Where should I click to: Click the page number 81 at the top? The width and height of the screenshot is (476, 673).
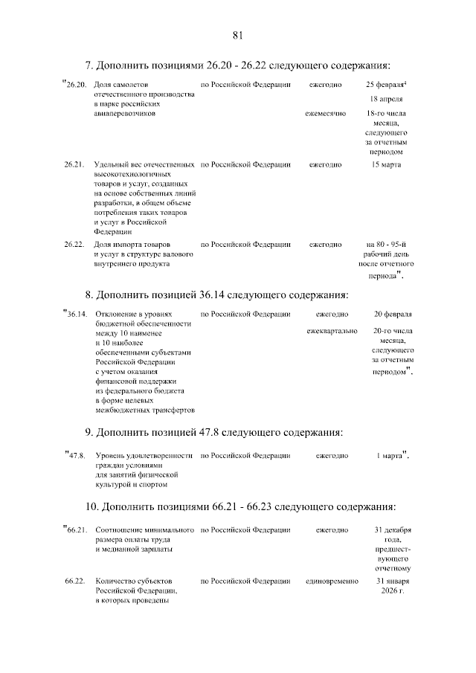tap(238, 35)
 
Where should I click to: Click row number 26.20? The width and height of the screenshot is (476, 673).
tap(77, 85)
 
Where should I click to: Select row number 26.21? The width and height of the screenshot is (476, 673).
tap(74, 164)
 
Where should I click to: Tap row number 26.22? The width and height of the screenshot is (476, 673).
tap(74, 244)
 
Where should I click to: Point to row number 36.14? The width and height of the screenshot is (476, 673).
tap(77, 314)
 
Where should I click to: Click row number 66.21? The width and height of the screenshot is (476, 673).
tap(77, 529)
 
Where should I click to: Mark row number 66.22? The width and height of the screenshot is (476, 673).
tap(74, 580)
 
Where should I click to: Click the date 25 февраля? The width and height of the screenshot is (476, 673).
tap(385, 85)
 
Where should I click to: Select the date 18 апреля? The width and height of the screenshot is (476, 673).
tap(386, 99)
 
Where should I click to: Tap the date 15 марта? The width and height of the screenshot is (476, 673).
tap(386, 164)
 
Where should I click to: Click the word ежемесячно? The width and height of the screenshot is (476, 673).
tap(326, 114)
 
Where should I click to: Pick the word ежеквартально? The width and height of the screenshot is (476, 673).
tap(332, 330)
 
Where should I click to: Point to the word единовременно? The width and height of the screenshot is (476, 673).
tap(332, 580)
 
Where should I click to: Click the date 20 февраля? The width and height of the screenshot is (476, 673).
tap(392, 314)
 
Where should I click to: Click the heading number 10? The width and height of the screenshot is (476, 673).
tap(90, 506)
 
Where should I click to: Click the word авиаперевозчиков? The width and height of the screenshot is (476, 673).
tap(124, 114)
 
